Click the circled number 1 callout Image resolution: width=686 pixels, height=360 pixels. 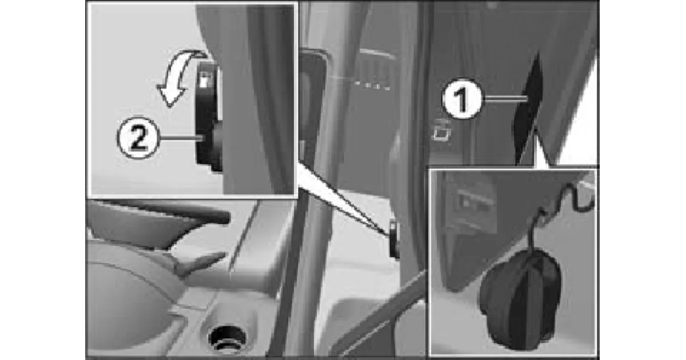pos(462,98)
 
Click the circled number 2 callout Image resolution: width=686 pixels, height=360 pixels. pos(138,138)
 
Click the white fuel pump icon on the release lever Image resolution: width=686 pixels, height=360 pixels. pos(204,79)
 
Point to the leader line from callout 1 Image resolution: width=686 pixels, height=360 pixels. pos(505,98)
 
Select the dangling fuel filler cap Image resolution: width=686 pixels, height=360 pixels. pos(521,298)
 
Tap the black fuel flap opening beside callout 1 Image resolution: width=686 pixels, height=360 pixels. pos(529,110)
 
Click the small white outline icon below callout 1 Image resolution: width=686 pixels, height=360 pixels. pos(441,131)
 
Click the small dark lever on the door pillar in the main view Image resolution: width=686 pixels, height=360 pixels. pos(394,239)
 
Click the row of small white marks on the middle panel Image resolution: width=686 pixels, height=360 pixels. pos(372,85)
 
